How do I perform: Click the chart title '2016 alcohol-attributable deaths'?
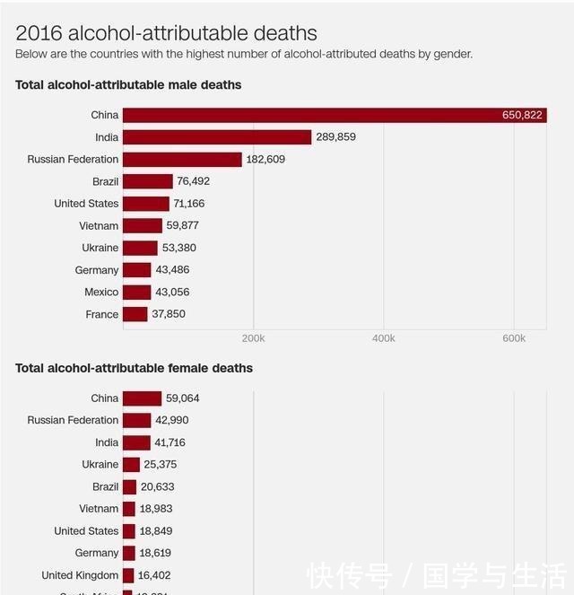(x=166, y=33)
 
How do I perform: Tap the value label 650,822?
(x=522, y=116)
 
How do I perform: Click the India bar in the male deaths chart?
(x=217, y=137)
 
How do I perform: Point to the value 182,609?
(x=272, y=160)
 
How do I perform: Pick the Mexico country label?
(x=101, y=293)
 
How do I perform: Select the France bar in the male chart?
(x=135, y=314)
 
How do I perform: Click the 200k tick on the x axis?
(x=254, y=338)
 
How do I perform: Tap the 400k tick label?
(x=384, y=338)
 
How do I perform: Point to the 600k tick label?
(x=514, y=338)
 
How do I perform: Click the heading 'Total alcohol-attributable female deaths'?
(x=134, y=368)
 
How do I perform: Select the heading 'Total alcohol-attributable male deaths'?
(x=128, y=85)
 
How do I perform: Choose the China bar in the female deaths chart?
(x=142, y=398)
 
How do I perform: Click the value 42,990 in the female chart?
(x=171, y=421)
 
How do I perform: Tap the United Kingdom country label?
(x=80, y=575)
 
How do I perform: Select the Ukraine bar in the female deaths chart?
(x=131, y=465)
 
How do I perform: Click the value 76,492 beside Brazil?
(x=193, y=181)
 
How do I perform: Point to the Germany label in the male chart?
(x=97, y=270)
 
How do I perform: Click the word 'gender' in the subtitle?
(x=451, y=54)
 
